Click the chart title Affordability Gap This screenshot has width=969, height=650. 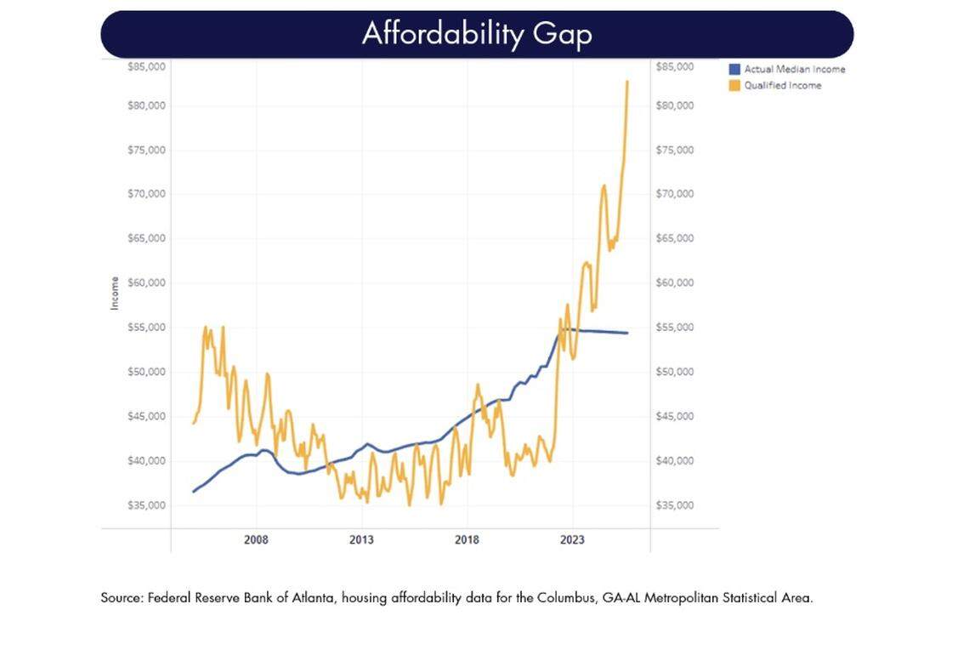pos(477,33)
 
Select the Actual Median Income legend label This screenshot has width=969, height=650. pos(794,69)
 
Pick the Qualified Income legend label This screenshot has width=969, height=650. pos(782,85)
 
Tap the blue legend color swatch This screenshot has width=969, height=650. pos(734,69)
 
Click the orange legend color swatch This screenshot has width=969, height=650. pos(734,85)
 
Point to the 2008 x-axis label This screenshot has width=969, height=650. pos(256,540)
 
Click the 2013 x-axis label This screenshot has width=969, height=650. pos(361,540)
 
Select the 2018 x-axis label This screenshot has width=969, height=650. pos(467,540)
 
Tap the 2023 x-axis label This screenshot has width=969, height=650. pos(572,540)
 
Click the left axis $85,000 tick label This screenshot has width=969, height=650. pos(146,66)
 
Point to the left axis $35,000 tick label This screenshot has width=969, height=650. pos(146,505)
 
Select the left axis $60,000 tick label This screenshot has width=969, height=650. pos(146,282)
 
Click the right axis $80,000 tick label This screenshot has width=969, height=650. pos(676,105)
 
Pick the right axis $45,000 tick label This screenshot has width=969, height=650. pos(676,416)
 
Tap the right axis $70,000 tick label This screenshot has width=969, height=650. pos(676,194)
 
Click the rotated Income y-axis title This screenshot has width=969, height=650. pos(115,293)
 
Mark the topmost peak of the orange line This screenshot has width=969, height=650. pos(627,82)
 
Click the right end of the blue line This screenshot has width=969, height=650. pos(627,333)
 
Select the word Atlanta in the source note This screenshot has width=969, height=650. pos(318,598)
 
